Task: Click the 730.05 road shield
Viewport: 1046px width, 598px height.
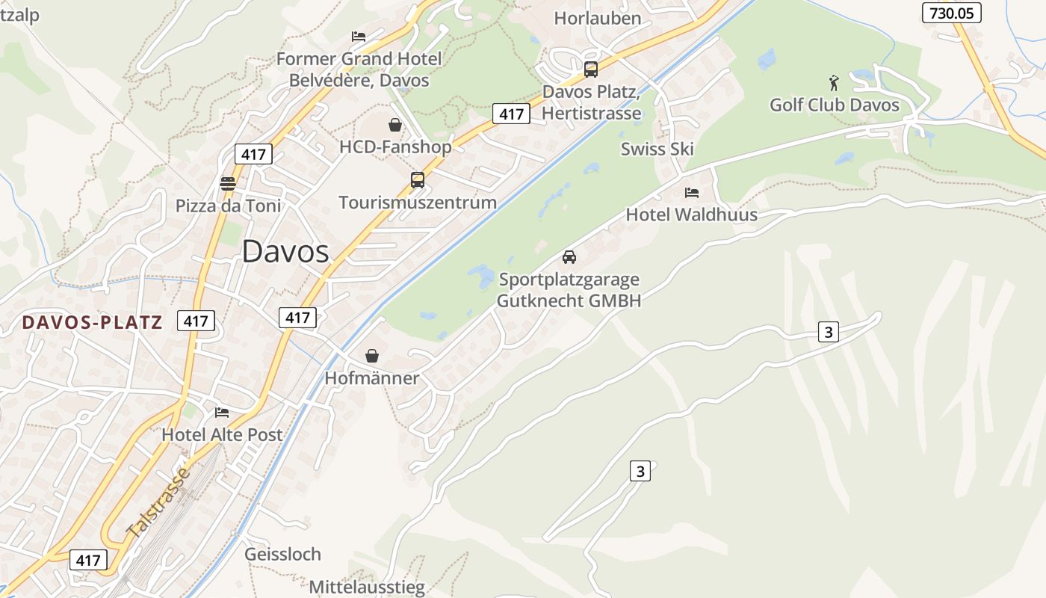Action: [x=951, y=13]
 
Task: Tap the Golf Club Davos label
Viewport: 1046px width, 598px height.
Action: [x=835, y=105]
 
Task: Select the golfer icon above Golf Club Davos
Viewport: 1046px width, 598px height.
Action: [x=835, y=81]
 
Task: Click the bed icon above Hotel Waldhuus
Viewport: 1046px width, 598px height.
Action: [x=692, y=193]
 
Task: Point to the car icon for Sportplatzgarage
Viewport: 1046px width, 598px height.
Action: [x=569, y=257]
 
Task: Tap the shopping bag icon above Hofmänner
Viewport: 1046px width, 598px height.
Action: [x=372, y=356]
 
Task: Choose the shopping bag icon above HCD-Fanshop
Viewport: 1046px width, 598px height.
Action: [x=395, y=125]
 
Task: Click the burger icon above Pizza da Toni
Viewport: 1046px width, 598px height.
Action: [x=228, y=183]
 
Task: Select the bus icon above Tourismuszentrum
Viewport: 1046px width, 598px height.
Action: [x=418, y=180]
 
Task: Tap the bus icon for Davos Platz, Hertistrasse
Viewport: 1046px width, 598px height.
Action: [x=591, y=70]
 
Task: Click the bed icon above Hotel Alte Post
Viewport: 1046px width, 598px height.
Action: [x=222, y=412]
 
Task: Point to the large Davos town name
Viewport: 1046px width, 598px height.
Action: [x=285, y=252]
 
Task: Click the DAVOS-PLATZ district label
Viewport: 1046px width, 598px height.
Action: [x=92, y=322]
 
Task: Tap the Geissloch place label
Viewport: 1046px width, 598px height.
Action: [x=282, y=555]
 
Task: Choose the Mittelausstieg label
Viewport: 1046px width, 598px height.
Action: [x=367, y=587]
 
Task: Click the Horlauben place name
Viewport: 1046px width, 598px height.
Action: [x=598, y=18]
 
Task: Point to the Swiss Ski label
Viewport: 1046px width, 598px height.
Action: [x=657, y=149]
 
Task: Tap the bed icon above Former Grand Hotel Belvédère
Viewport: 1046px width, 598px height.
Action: [x=359, y=36]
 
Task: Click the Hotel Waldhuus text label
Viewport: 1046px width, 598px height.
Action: [x=691, y=215]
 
